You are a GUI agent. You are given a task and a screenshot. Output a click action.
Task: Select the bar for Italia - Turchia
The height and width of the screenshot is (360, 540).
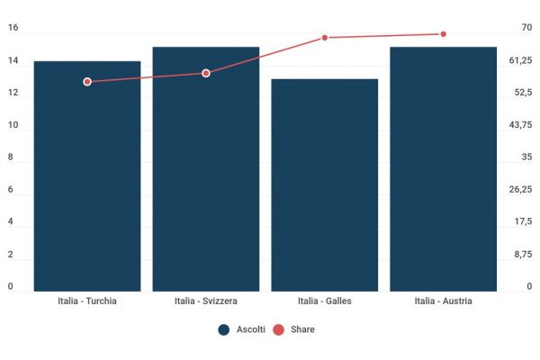(x=87, y=180)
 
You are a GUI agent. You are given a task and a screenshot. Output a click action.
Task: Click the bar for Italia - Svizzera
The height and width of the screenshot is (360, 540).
(x=206, y=171)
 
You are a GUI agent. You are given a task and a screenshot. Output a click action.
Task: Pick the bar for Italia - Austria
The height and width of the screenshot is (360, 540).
(x=443, y=171)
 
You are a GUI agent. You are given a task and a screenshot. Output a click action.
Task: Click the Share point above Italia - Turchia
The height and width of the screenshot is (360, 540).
(x=87, y=82)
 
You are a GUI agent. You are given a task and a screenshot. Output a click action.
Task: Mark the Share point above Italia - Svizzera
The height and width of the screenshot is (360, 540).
(x=206, y=73)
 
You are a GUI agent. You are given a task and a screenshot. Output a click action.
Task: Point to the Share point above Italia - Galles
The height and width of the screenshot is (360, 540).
(x=325, y=38)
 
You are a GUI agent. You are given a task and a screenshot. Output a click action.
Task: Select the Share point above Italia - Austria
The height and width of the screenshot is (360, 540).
(x=443, y=34)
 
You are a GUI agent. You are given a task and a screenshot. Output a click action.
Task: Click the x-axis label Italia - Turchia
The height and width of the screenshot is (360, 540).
(x=87, y=301)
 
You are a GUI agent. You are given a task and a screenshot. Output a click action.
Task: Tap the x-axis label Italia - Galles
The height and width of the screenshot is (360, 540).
(x=325, y=301)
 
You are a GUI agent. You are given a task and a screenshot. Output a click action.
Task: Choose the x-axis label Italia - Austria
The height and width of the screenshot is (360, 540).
(x=443, y=301)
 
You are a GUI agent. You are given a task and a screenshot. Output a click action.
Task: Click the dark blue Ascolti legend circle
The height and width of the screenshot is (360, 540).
(x=224, y=330)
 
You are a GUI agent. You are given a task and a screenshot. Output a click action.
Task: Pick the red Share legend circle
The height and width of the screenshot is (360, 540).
(x=278, y=330)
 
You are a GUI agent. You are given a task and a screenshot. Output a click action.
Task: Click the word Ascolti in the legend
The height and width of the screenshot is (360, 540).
(x=250, y=330)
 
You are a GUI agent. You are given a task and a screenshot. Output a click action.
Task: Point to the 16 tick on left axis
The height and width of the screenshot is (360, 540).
(x=13, y=28)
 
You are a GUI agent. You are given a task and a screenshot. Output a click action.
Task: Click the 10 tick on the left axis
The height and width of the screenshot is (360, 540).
(x=13, y=125)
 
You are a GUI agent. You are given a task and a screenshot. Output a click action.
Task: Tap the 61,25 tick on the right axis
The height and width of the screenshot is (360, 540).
(x=521, y=60)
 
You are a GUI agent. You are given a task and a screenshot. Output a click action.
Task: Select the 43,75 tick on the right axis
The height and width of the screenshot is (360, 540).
(x=521, y=125)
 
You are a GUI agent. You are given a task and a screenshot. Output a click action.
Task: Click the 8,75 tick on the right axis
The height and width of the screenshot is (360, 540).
(x=523, y=255)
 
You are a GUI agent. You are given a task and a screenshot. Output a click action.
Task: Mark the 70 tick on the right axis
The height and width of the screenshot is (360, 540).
(x=526, y=28)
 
